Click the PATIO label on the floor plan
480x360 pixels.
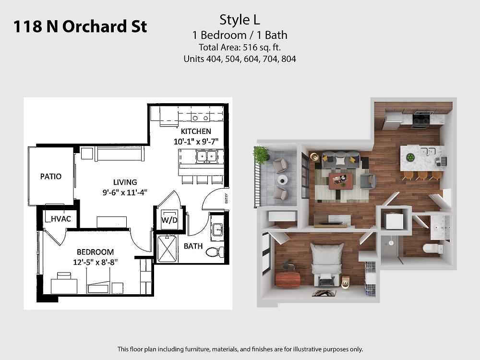[51, 176]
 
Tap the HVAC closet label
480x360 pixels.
[61, 218]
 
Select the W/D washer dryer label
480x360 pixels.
[169, 220]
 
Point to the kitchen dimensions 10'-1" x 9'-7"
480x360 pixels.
[196, 142]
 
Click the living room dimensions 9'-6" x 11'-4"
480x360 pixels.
[125, 192]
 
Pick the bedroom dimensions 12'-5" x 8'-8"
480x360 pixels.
[95, 262]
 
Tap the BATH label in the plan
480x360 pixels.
[193, 246]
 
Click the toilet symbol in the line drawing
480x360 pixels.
[215, 252]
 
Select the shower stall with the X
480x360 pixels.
[167, 249]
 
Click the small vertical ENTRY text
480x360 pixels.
[226, 198]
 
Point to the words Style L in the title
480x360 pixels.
[240, 20]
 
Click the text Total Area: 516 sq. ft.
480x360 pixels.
[240, 48]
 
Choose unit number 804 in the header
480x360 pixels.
[288, 59]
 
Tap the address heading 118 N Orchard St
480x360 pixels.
[80, 26]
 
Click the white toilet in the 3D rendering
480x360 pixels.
[433, 248]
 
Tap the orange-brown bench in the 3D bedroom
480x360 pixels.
[288, 280]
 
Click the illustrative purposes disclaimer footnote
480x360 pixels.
[240, 349]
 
